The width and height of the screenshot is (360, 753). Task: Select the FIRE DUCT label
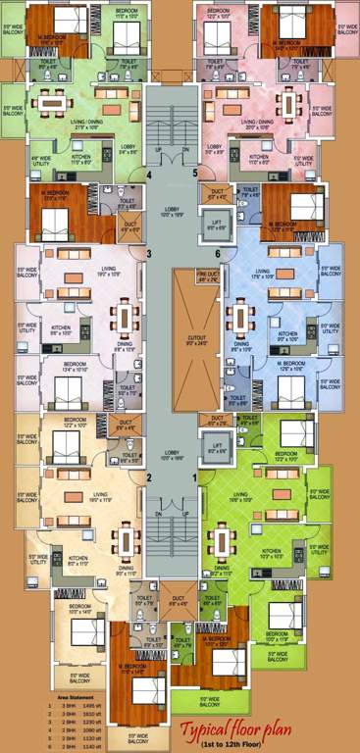[x=207, y=277]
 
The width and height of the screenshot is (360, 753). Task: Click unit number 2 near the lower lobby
[x=149, y=477]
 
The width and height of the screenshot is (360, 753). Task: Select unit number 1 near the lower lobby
[x=195, y=477]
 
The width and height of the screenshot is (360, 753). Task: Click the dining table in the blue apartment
[x=240, y=319]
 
